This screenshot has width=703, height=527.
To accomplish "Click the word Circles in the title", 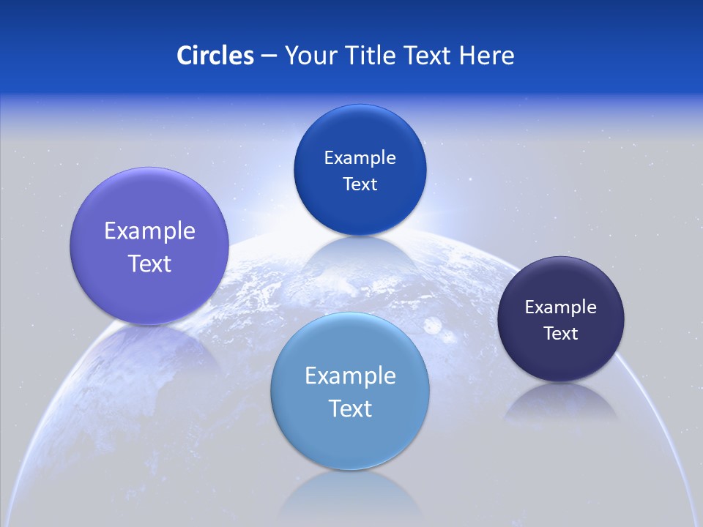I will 215,56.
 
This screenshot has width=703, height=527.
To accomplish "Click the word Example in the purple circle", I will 149,231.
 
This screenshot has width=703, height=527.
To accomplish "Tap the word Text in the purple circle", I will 149,263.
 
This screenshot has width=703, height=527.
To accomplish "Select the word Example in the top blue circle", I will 360,158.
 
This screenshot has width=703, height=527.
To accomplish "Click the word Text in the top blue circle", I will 360,184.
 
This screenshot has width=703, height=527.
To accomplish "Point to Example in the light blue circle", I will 350,376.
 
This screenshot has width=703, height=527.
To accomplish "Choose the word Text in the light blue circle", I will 350,408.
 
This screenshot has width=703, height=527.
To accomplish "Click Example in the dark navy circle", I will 561,307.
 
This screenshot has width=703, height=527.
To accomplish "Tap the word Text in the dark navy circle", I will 561,334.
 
